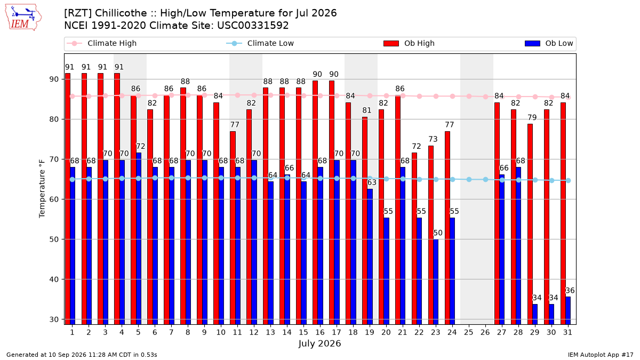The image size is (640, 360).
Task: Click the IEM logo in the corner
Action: (23, 17)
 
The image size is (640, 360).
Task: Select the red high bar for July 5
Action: (133, 210)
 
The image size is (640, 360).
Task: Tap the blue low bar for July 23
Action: (436, 282)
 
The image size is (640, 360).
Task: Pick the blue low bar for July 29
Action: (535, 314)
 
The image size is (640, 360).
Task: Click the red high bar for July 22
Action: (414, 238)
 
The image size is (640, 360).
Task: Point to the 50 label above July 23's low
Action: (438, 233)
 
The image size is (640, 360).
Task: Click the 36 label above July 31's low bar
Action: (570, 291)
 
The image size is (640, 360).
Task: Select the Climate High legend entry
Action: (102, 43)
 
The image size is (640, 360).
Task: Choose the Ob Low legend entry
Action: (549, 43)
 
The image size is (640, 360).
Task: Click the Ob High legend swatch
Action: (391, 43)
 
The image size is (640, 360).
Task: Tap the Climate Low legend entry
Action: (260, 43)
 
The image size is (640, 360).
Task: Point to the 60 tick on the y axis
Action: (54, 199)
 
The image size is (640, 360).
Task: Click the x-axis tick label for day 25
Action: (469, 332)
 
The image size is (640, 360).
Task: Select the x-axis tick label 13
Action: (270, 332)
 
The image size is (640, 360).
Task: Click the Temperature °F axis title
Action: (42, 189)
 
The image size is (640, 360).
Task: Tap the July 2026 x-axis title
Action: (319, 343)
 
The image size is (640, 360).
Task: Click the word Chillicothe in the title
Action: (121, 13)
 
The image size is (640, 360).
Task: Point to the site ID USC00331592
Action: (253, 26)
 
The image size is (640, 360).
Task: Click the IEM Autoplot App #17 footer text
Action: (601, 355)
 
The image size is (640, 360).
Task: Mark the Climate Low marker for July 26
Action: (485, 179)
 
